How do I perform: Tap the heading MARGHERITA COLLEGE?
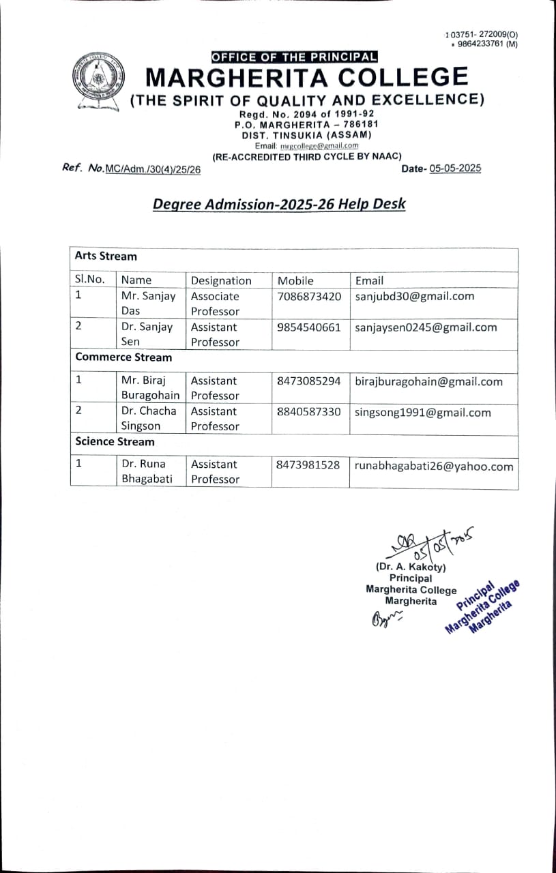pos(307,77)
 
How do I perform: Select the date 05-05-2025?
pos(455,168)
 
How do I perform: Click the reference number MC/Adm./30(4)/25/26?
pos(153,170)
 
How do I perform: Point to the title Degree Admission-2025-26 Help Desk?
pos(279,204)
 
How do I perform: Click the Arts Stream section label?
pos(106,256)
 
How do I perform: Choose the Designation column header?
pos(221,280)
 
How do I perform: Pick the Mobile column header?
pos(295,280)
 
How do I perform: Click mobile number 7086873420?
pos(309,297)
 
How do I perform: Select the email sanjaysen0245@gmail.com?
pos(426,327)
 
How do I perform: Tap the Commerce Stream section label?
pos(123,357)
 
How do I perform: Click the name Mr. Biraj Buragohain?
pos(150,388)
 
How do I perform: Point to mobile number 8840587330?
pos(309,412)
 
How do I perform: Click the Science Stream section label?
pos(115,442)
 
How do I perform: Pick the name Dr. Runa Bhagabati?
pos(147,471)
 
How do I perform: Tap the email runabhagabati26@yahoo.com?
pos(434,467)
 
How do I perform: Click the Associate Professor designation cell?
pos(215,304)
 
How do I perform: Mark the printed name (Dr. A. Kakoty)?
pos(411,567)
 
